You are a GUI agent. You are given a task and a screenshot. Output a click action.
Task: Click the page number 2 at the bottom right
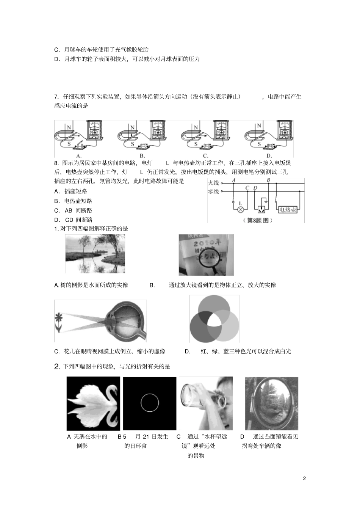coord(304,478)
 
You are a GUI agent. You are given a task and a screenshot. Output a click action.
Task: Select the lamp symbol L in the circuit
coord(240,209)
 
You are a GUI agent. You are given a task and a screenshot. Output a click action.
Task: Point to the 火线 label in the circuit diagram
coord(213,183)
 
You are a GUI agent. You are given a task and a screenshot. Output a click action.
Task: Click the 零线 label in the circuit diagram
coord(213,191)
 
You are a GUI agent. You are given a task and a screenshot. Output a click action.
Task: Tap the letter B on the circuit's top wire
coord(268,180)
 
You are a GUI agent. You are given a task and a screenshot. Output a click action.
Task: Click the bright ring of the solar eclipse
coord(150,403)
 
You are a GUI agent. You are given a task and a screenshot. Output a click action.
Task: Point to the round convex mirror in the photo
coord(271,402)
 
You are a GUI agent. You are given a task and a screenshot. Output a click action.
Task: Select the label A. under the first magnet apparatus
coord(79,155)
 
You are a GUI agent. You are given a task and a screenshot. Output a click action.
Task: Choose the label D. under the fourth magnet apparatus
coord(269,155)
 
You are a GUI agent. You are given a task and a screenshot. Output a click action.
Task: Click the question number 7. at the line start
coord(56,97)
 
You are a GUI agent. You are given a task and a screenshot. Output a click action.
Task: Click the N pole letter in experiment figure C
coord(196,127)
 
